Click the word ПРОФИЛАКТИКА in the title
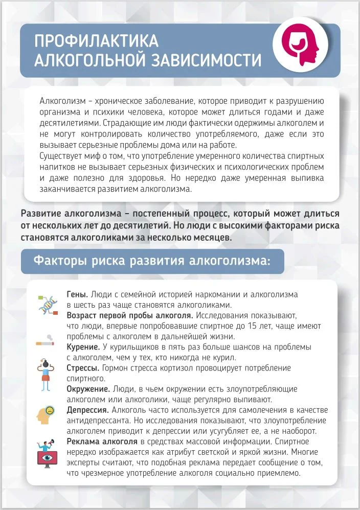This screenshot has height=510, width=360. coord(97,41)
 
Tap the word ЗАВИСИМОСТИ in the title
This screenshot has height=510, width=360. coord(207,60)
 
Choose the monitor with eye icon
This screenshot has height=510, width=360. coord(48,451)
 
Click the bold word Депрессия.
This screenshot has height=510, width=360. coord(87,410)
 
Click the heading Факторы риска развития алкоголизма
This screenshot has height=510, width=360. coord(152,261)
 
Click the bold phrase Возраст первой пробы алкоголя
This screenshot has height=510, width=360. coord(130,315)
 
